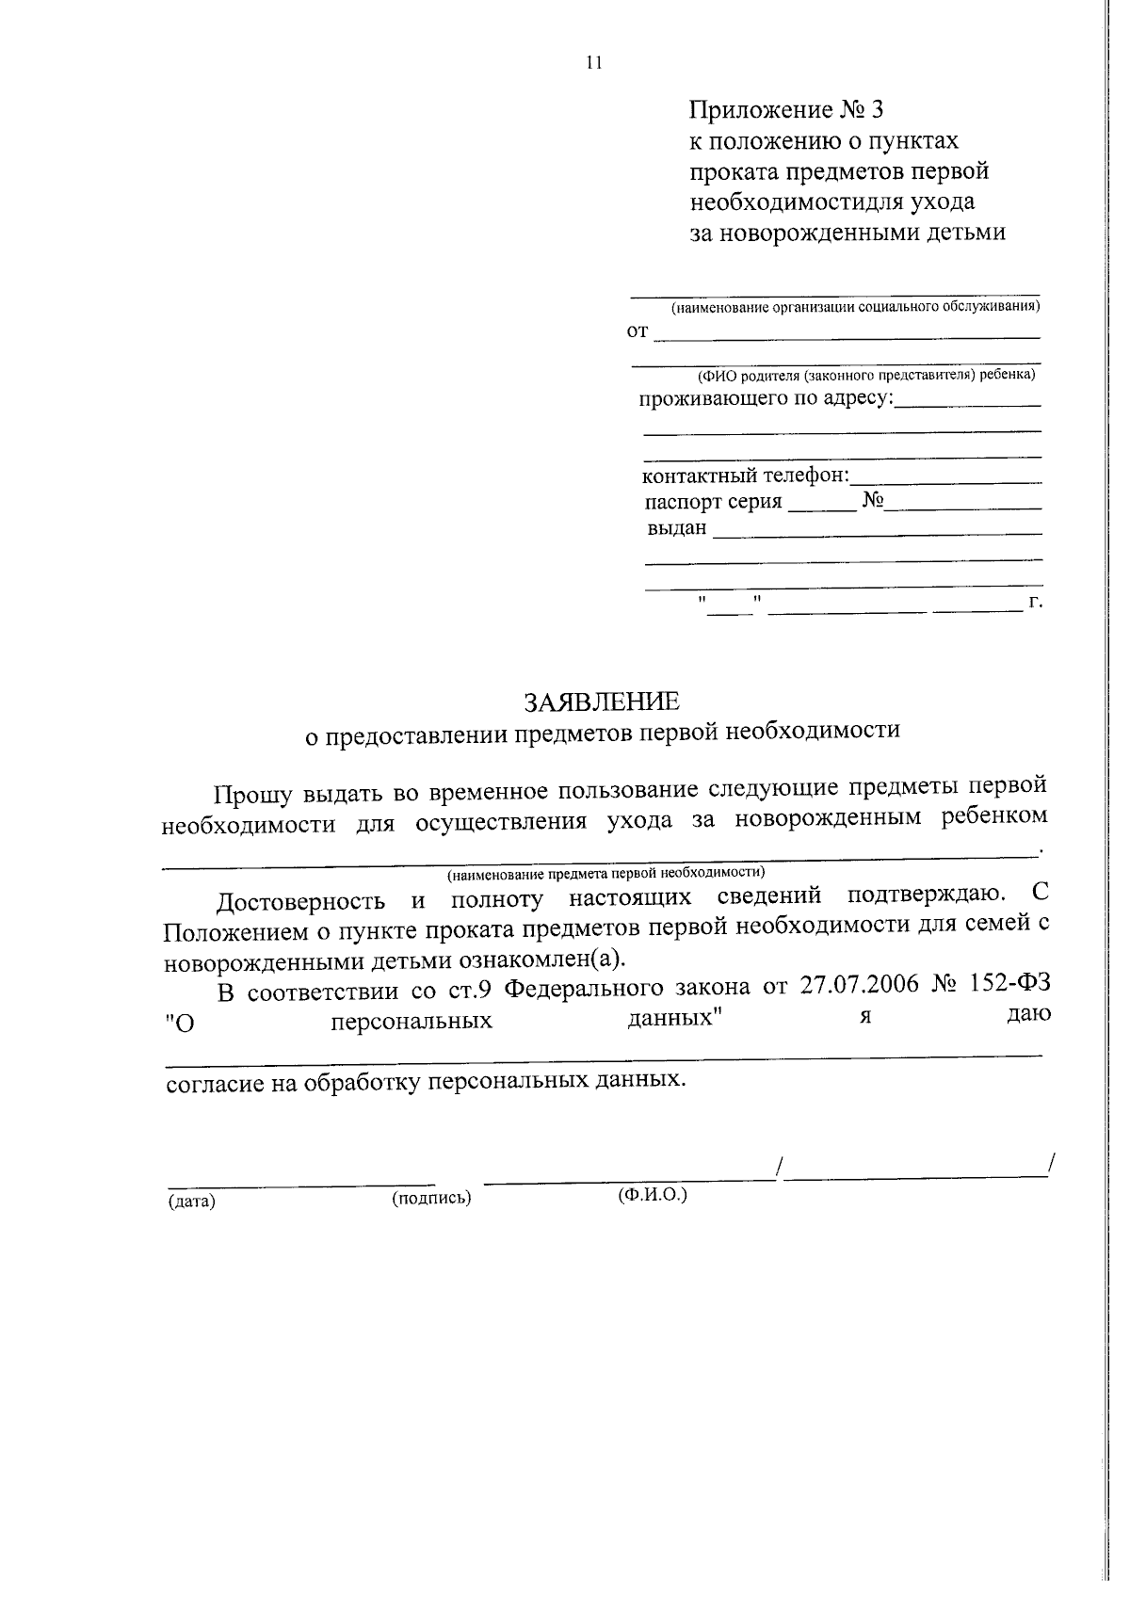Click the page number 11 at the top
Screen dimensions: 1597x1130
[592, 63]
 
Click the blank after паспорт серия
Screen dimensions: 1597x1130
[822, 508]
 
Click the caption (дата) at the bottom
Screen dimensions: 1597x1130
[191, 1202]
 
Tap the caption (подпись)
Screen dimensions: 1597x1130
[430, 1198]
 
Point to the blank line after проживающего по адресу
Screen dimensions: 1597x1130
[968, 404]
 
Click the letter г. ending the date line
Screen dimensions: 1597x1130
[1036, 602]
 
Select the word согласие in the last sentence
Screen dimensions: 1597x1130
[215, 1083]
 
